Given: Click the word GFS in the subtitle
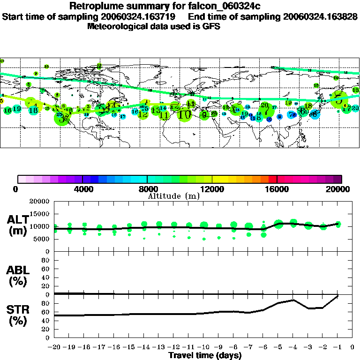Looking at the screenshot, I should (211, 26).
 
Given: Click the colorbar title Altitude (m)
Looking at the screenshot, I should (173, 196).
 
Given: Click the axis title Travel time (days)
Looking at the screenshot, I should (205, 356).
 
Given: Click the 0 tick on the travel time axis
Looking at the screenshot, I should (352, 347).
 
